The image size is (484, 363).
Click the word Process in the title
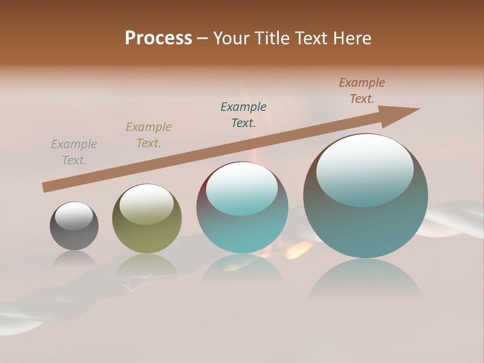click(x=158, y=38)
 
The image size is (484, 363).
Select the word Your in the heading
click(x=232, y=38)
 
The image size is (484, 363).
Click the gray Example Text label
click(x=74, y=152)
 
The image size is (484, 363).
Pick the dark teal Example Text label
click(x=244, y=115)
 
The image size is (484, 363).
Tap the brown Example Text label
click(x=362, y=91)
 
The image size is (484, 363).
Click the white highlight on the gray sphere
click(x=74, y=215)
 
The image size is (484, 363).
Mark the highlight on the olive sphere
click(x=147, y=203)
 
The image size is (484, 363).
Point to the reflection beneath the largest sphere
click(x=366, y=280)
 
